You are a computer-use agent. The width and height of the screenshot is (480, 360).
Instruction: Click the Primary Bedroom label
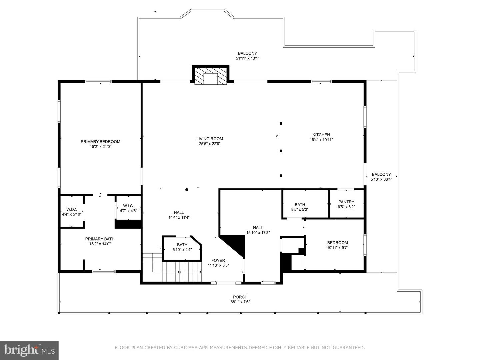(x=100, y=142)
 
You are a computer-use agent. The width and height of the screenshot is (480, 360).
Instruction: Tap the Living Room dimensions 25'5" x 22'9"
(x=209, y=144)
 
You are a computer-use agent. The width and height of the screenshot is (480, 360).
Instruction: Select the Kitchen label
(x=321, y=135)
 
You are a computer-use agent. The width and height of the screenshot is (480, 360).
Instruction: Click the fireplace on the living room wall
(x=211, y=76)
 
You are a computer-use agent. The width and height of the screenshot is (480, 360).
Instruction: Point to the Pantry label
(x=346, y=202)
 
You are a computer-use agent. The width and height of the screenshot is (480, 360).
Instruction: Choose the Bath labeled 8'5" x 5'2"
(x=300, y=207)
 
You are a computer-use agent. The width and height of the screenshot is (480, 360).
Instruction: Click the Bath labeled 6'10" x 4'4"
(x=182, y=247)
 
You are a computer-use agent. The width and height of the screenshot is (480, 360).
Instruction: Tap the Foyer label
(x=218, y=261)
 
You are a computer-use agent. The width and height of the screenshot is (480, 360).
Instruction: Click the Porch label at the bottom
(x=240, y=297)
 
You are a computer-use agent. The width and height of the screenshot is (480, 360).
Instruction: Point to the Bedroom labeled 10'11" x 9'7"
(x=337, y=245)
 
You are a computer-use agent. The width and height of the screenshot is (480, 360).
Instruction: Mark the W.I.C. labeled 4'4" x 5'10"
(x=72, y=212)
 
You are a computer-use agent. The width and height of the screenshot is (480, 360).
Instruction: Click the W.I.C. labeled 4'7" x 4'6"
(x=128, y=208)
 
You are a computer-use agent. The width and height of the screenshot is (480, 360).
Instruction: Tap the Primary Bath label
(x=100, y=239)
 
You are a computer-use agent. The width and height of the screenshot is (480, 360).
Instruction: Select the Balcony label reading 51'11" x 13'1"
(x=247, y=53)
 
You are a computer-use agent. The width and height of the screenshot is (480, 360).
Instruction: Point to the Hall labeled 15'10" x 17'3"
(x=258, y=230)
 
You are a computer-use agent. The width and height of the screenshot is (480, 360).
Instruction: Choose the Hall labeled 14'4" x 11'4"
(x=179, y=215)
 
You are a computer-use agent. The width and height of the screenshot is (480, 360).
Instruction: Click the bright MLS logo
(x=29, y=350)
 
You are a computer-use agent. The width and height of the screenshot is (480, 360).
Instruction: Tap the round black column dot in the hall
(x=187, y=190)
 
